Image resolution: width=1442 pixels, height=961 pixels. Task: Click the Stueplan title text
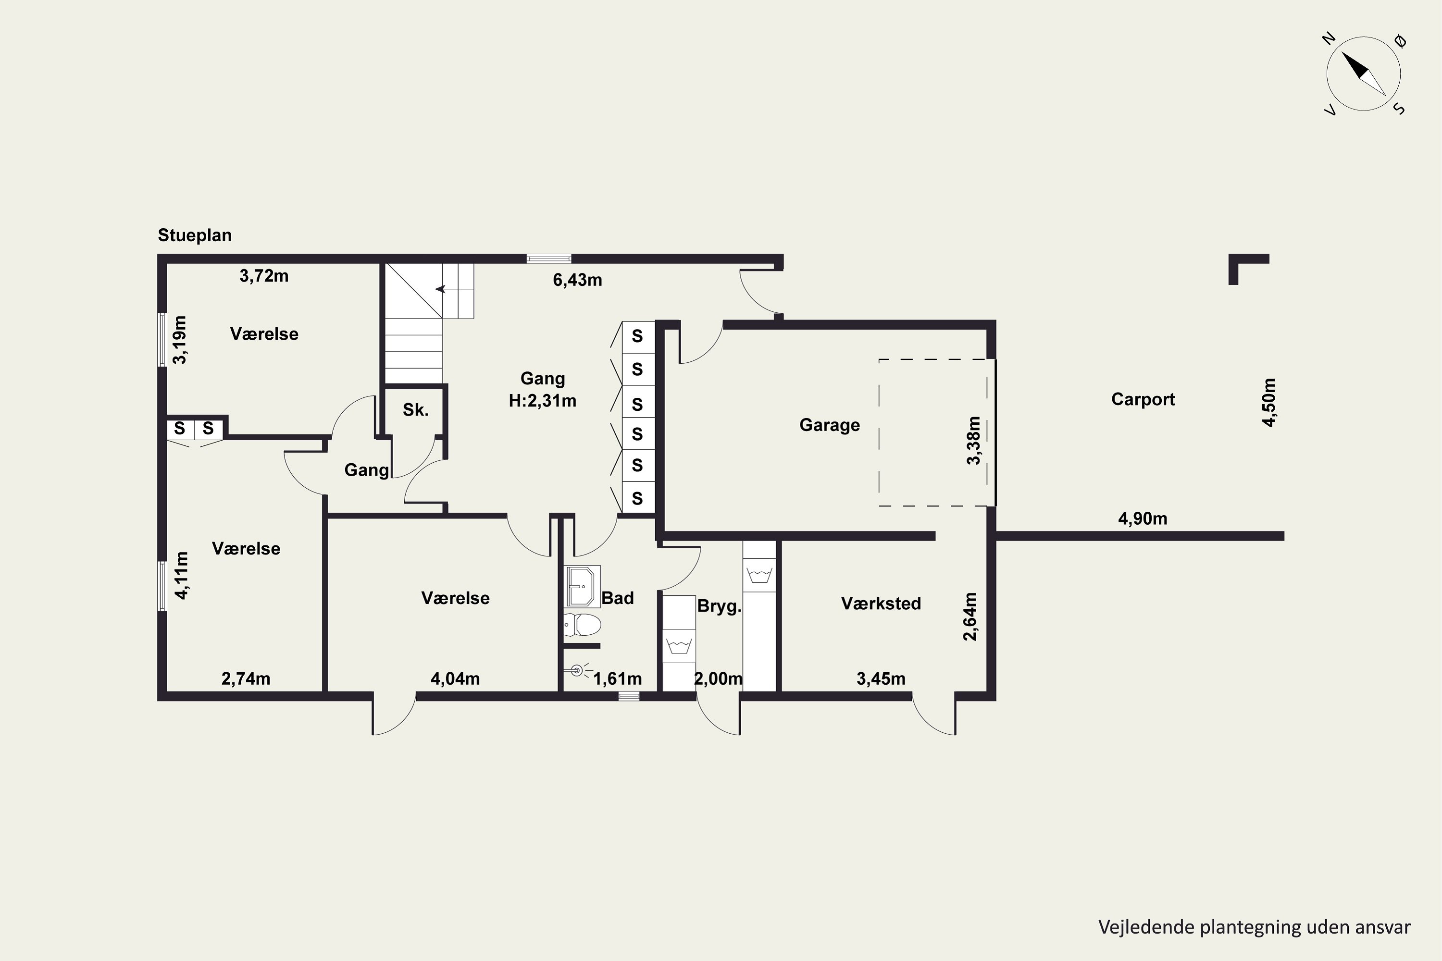(x=195, y=235)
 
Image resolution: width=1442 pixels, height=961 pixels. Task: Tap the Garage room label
(x=830, y=425)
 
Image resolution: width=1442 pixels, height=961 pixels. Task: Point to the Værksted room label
(x=881, y=604)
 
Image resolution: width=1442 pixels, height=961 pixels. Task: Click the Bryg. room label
(x=719, y=607)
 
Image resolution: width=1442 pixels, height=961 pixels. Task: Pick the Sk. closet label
(x=416, y=410)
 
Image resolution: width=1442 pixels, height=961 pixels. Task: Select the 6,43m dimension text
(x=578, y=280)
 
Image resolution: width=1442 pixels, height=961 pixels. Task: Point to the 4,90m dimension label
(x=1143, y=518)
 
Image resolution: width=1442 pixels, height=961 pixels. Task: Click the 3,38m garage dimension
(x=974, y=441)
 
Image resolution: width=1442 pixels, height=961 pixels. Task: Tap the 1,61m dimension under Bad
(x=617, y=679)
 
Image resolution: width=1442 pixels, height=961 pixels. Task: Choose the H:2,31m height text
(x=543, y=401)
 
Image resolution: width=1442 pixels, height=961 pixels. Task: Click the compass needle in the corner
(x=1364, y=74)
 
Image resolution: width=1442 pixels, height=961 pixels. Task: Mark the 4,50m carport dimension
(x=1269, y=403)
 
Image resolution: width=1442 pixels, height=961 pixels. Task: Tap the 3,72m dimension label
(x=264, y=276)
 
